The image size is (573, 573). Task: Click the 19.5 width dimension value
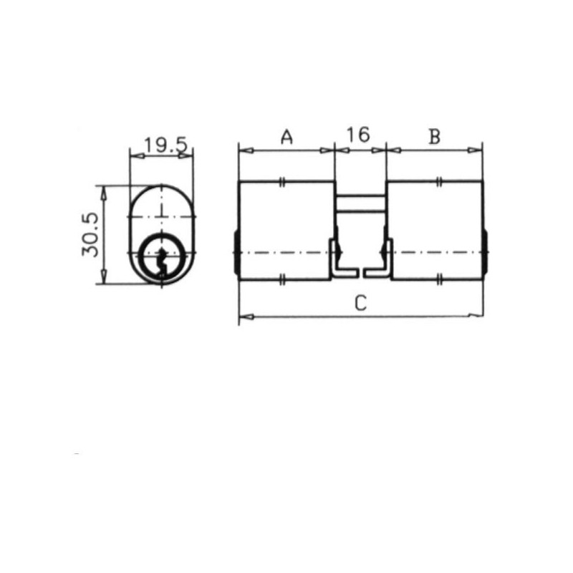[166, 145]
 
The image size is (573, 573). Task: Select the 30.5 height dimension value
[90, 235]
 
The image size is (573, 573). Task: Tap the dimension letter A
[287, 137]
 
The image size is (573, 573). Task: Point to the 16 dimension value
[358, 135]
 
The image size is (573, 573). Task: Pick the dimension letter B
[435, 137]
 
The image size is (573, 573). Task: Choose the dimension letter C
[360, 303]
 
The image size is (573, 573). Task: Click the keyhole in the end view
[161, 262]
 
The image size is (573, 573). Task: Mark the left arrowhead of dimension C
[246, 317]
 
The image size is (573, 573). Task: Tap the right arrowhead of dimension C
[476, 315]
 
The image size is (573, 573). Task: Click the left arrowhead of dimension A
[246, 150]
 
